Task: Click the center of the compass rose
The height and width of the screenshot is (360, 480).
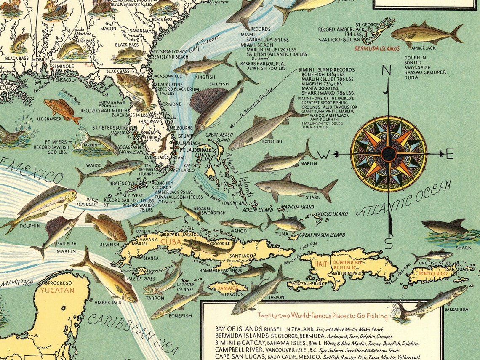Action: click(388, 154)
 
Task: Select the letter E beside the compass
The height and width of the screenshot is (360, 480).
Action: click(449, 155)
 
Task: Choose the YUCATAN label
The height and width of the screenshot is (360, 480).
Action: click(57, 290)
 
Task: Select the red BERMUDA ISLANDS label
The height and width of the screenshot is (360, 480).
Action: click(377, 49)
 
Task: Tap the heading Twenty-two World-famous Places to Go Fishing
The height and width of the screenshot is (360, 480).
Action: click(323, 316)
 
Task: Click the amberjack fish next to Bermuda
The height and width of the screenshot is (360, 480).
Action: click(425, 33)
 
